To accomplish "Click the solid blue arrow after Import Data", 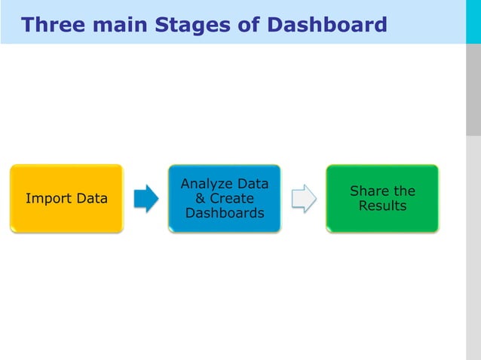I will [x=146, y=199].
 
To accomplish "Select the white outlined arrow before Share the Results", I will [x=304, y=199].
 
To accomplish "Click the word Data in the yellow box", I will [x=91, y=199].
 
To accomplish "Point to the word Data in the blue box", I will [x=253, y=184].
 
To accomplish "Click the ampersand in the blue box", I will [x=200, y=199].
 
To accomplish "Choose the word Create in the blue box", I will [x=231, y=199].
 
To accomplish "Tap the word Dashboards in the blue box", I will [x=225, y=213].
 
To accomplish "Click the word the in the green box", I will [x=404, y=191].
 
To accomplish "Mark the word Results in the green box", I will [x=382, y=206].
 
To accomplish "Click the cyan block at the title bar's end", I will [x=473, y=22].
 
